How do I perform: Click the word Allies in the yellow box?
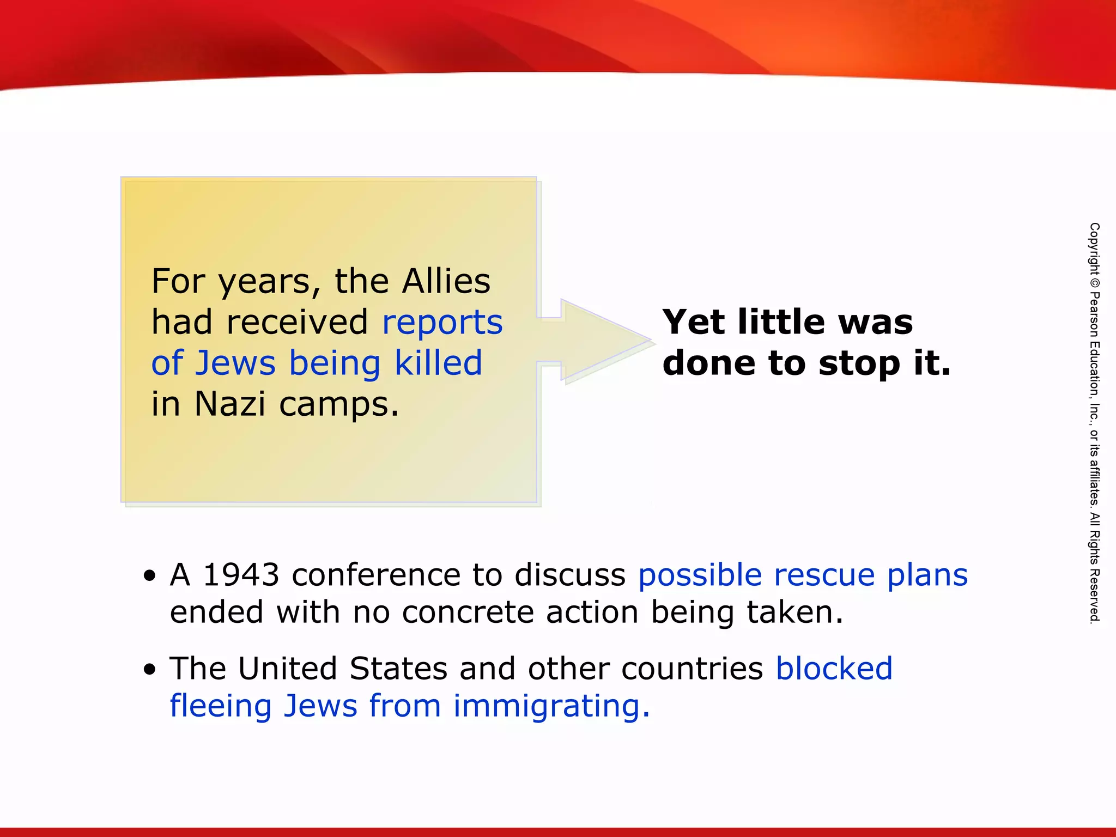click(446, 281)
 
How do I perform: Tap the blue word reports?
click(442, 323)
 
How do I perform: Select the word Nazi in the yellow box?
click(230, 404)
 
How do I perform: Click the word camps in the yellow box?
click(339, 405)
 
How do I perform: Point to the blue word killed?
click(439, 363)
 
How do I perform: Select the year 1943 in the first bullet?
click(241, 575)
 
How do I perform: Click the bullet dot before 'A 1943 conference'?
click(150, 576)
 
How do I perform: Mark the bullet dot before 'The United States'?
click(150, 669)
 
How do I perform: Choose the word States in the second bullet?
click(398, 669)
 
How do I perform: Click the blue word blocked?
click(834, 669)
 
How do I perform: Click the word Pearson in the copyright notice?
click(1094, 316)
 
